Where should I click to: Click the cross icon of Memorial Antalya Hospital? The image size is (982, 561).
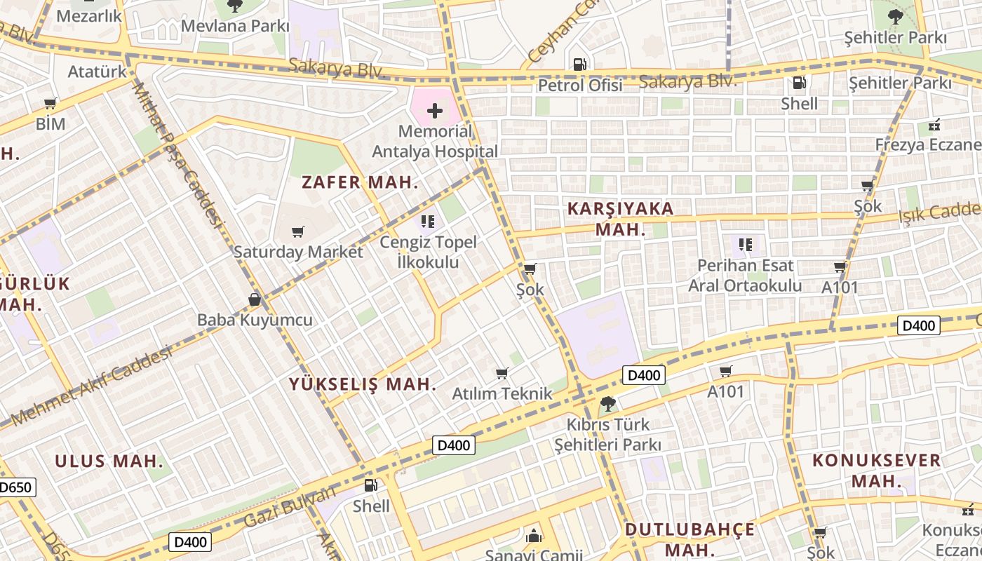pyautogui.click(x=435, y=110)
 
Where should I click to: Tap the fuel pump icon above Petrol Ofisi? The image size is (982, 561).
pyautogui.click(x=580, y=65)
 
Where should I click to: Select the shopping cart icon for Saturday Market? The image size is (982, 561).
pyautogui.click(x=298, y=231)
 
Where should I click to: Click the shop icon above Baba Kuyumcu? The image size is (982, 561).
pyautogui.click(x=255, y=299)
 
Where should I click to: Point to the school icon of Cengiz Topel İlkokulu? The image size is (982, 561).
pyautogui.click(x=428, y=222)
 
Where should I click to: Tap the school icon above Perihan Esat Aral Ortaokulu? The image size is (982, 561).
pyautogui.click(x=746, y=245)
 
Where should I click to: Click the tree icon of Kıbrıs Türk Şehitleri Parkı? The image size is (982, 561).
pyautogui.click(x=607, y=404)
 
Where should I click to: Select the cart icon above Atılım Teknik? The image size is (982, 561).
pyautogui.click(x=502, y=373)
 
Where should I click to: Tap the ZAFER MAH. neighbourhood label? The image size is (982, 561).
pyautogui.click(x=360, y=182)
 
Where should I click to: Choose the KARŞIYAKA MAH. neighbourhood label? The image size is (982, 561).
pyautogui.click(x=620, y=218)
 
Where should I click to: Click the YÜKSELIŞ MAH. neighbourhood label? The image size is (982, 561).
pyautogui.click(x=363, y=384)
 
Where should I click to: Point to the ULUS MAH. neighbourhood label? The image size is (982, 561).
pyautogui.click(x=109, y=461)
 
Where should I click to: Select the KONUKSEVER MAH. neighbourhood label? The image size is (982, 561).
pyautogui.click(x=876, y=471)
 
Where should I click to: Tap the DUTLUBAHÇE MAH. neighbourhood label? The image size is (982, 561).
pyautogui.click(x=690, y=539)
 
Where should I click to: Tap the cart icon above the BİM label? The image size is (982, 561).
pyautogui.click(x=50, y=104)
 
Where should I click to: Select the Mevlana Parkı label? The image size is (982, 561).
pyautogui.click(x=235, y=26)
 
